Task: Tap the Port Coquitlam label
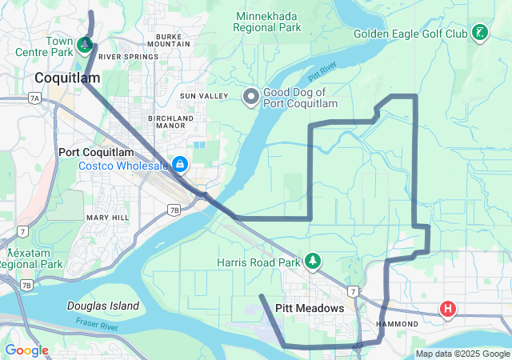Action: tap(96, 152)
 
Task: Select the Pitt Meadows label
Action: tap(309, 308)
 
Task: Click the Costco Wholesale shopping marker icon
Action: tap(181, 165)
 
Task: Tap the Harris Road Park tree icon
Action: tap(314, 262)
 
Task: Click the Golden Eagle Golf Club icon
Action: tap(480, 34)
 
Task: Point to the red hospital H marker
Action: tap(448, 308)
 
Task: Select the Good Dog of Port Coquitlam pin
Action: tap(250, 97)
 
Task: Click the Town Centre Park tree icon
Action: tap(85, 46)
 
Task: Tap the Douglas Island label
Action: tap(103, 306)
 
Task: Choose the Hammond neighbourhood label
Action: tap(397, 324)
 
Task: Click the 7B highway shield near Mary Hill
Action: tap(174, 210)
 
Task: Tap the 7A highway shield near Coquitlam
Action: tap(34, 98)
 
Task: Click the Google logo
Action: tap(26, 350)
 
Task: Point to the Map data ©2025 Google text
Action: tap(462, 354)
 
